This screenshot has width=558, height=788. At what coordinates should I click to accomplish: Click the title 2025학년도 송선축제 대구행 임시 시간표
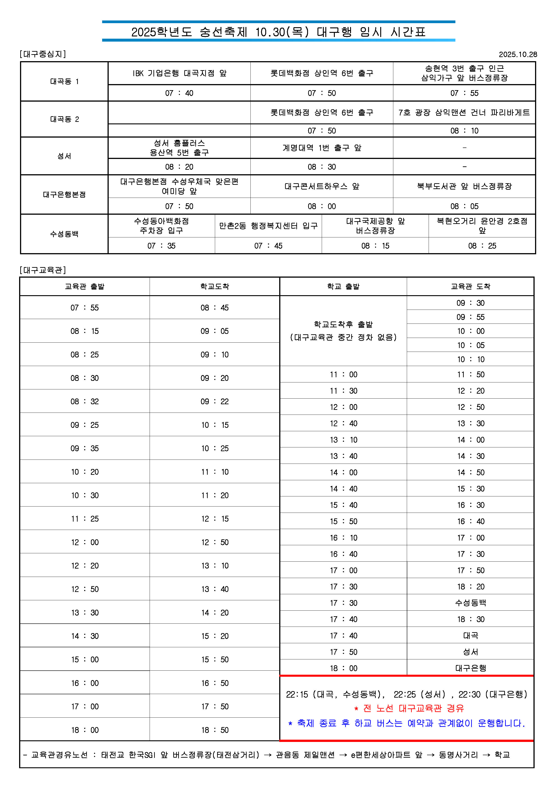[278, 32]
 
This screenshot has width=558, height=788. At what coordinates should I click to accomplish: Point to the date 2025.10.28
[517, 54]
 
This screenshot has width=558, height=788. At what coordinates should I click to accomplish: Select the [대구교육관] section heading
[43, 270]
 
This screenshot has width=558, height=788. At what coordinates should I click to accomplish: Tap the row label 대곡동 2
[64, 119]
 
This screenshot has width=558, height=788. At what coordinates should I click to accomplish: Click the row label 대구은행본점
[64, 194]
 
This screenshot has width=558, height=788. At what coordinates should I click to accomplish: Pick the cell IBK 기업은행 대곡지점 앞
[179, 73]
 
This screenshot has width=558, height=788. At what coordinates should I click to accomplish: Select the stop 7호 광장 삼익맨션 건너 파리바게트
[464, 113]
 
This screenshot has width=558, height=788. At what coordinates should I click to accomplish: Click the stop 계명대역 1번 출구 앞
[322, 148]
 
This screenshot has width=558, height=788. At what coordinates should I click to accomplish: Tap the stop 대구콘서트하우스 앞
[322, 186]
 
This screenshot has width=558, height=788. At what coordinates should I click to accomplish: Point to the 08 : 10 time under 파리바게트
[464, 131]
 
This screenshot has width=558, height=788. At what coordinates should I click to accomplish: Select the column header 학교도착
[214, 286]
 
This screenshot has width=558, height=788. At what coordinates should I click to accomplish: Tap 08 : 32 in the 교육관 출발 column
[85, 401]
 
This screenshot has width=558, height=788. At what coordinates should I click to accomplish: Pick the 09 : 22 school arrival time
[214, 401]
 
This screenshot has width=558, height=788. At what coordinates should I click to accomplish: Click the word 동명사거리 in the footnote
[458, 755]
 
